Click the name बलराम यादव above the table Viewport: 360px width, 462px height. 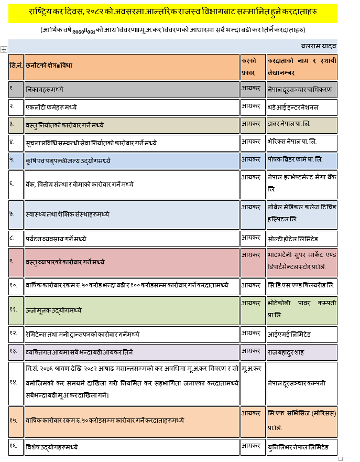click(319, 46)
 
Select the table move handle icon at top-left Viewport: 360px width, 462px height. click(4, 49)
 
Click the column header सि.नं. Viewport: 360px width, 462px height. click(16, 66)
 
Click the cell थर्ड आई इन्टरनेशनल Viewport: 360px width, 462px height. click(293, 107)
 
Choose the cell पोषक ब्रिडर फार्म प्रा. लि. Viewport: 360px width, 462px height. click(295, 159)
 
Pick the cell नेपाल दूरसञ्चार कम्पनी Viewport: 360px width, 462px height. click(296, 383)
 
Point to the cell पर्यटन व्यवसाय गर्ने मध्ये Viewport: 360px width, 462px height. click(56, 239)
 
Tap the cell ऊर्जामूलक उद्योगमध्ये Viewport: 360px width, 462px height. click(53, 309)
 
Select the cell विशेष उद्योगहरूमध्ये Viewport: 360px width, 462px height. click(52, 447)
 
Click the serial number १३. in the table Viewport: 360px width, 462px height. click(14, 351)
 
